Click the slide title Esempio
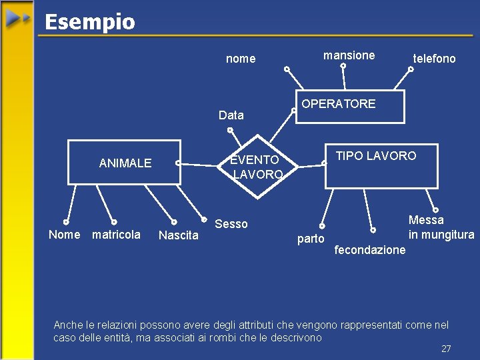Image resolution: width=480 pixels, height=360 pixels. click(89, 22)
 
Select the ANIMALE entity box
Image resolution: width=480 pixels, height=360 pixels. click(125, 162)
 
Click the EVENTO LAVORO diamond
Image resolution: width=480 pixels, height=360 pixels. click(257, 167)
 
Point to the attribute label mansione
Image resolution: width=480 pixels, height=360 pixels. click(349, 55)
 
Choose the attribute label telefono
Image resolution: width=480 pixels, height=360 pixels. click(434, 59)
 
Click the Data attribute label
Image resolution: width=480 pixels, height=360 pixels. click(231, 115)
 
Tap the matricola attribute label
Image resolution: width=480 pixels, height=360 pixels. click(116, 235)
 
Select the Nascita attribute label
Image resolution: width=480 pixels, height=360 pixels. click(178, 235)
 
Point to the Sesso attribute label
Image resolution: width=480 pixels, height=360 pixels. click(231, 224)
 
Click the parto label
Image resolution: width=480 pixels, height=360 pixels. click(311, 239)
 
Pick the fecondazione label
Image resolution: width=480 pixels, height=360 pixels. click(370, 250)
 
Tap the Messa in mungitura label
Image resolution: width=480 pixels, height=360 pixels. click(441, 227)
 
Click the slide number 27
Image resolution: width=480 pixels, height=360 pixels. click(446, 349)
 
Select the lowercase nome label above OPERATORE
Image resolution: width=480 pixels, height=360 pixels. click(241, 59)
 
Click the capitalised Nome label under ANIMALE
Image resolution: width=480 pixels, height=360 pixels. click(64, 235)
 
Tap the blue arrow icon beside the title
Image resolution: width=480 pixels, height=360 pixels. click(18, 19)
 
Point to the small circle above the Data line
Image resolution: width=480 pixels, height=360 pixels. click(231, 129)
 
